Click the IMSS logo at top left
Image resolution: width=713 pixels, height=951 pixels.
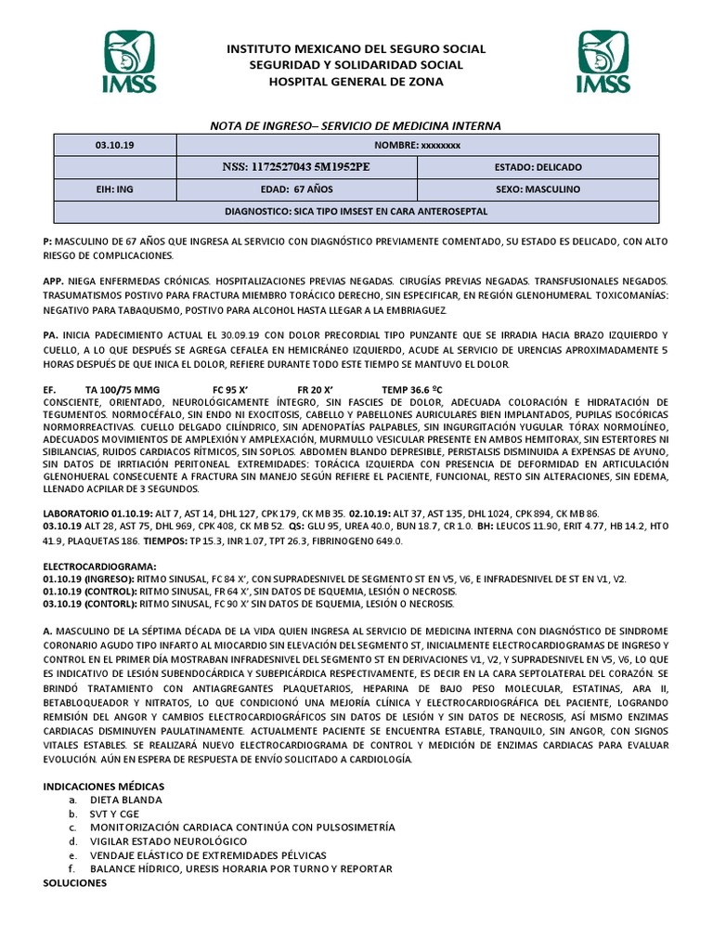pyautogui.click(x=129, y=61)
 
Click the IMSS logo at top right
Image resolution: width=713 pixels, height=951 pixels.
pyautogui.click(x=604, y=61)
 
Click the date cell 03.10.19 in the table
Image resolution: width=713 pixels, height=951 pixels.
pyautogui.click(x=114, y=145)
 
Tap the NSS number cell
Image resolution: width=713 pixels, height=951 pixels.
pyautogui.click(x=296, y=167)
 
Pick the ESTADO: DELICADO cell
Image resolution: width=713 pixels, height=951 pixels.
pyautogui.click(x=538, y=167)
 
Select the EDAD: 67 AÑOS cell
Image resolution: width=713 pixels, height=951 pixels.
pyautogui.click(x=296, y=189)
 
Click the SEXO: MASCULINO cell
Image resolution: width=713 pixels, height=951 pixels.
pyautogui.click(x=538, y=189)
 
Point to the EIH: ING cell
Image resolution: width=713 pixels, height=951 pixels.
pyautogui.click(x=114, y=189)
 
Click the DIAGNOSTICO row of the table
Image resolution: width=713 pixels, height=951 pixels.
pyautogui.click(x=356, y=211)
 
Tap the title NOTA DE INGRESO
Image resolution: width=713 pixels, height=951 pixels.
pyautogui.click(x=356, y=125)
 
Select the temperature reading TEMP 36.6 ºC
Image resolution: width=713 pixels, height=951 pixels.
pyautogui.click(x=418, y=389)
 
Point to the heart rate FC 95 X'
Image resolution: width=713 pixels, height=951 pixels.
pyautogui.click(x=233, y=389)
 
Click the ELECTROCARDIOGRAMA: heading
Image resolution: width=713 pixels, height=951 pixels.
pyautogui.click(x=100, y=565)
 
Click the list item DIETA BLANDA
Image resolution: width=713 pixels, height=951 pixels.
pyautogui.click(x=125, y=800)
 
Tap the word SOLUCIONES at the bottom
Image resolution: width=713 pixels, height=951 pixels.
pyautogui.click(x=77, y=882)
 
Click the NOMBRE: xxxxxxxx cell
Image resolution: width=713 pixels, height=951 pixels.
pyautogui.click(x=417, y=145)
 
